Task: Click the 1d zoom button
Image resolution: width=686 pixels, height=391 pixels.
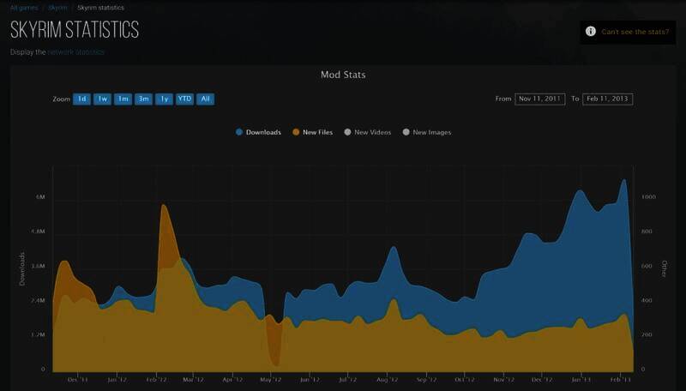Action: (81, 99)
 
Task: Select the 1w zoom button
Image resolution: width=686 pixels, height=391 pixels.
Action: (102, 99)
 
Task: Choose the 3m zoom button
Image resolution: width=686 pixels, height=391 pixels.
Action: (143, 99)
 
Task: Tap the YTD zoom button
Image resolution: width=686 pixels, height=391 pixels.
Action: (184, 99)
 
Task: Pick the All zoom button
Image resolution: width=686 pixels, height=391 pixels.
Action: (205, 99)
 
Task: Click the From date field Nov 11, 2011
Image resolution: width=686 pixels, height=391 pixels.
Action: (540, 99)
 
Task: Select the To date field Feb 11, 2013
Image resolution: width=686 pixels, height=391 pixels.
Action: (607, 99)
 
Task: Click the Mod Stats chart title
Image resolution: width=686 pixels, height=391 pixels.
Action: (343, 75)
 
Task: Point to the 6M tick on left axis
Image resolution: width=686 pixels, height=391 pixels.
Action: (40, 197)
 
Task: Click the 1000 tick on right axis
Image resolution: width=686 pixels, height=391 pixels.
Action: (649, 197)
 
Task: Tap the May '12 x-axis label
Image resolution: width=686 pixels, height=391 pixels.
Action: (270, 378)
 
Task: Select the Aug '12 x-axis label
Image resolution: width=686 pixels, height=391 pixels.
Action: (388, 378)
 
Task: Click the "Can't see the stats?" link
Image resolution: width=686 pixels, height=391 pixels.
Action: (635, 32)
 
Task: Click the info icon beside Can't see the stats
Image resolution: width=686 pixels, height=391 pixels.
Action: (590, 32)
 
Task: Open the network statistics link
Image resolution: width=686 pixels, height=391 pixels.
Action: (75, 52)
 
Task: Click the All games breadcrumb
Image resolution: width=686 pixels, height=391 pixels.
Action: (22, 8)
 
